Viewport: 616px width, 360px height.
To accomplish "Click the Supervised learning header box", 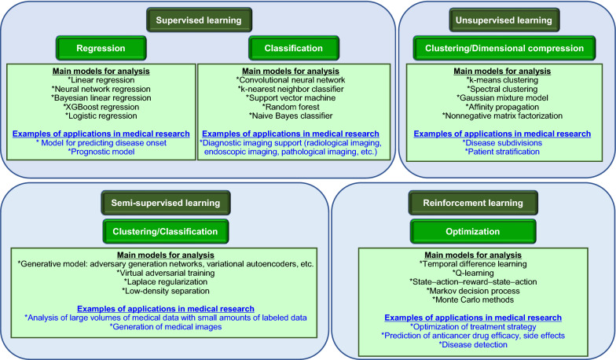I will click(198, 18).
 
